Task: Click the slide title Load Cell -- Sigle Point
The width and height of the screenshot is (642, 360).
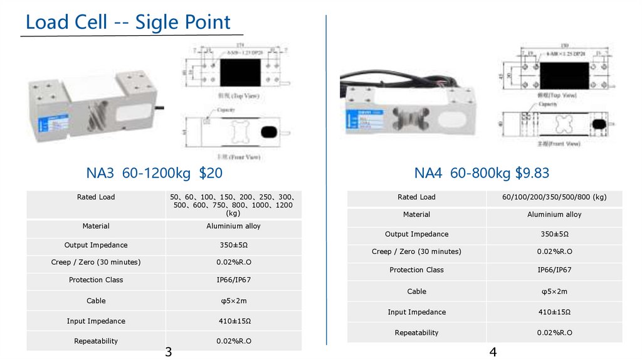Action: click(x=128, y=23)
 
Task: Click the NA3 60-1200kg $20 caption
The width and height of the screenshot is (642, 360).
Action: click(x=154, y=172)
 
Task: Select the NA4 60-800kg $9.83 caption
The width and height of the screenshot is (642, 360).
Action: click(x=481, y=172)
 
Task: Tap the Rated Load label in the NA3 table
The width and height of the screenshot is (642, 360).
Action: click(x=96, y=197)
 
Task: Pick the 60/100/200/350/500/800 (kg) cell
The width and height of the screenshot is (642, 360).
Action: click(x=554, y=197)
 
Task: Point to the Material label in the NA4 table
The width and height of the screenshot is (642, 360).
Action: click(x=416, y=214)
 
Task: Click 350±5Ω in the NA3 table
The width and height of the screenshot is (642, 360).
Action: click(x=233, y=245)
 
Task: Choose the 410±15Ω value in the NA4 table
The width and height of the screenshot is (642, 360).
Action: click(x=554, y=312)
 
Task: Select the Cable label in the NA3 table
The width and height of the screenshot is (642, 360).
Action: click(x=96, y=301)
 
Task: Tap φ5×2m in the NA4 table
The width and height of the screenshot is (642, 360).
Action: click(x=554, y=292)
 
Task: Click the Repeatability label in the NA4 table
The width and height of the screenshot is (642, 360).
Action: click(x=416, y=333)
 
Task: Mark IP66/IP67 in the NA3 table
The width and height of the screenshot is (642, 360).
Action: click(x=233, y=280)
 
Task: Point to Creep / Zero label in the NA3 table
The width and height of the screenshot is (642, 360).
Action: click(x=96, y=262)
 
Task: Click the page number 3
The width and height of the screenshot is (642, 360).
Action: click(x=168, y=352)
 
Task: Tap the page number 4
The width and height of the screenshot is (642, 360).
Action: click(x=493, y=352)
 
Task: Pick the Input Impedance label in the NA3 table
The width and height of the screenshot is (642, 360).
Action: click(x=96, y=321)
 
